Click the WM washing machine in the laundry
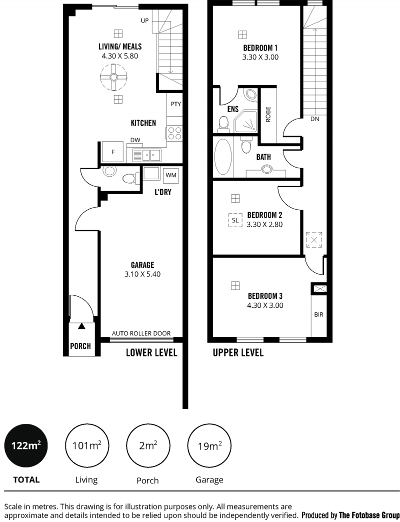(x=171, y=175)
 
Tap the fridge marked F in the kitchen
(x=113, y=152)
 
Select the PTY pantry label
(x=176, y=104)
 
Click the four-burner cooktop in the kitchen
(x=174, y=133)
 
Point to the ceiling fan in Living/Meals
(x=113, y=77)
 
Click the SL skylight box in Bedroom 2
(x=235, y=220)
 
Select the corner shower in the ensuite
(x=246, y=122)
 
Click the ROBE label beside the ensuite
(x=268, y=114)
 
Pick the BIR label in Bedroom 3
(x=318, y=315)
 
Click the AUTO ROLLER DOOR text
(x=141, y=333)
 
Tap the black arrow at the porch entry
(x=81, y=326)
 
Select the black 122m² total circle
(x=26, y=445)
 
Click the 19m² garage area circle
(x=209, y=446)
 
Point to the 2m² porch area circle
(x=148, y=446)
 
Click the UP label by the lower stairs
(x=144, y=21)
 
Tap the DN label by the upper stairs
(x=314, y=119)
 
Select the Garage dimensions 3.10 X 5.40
(x=142, y=274)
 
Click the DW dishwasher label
(x=135, y=140)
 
